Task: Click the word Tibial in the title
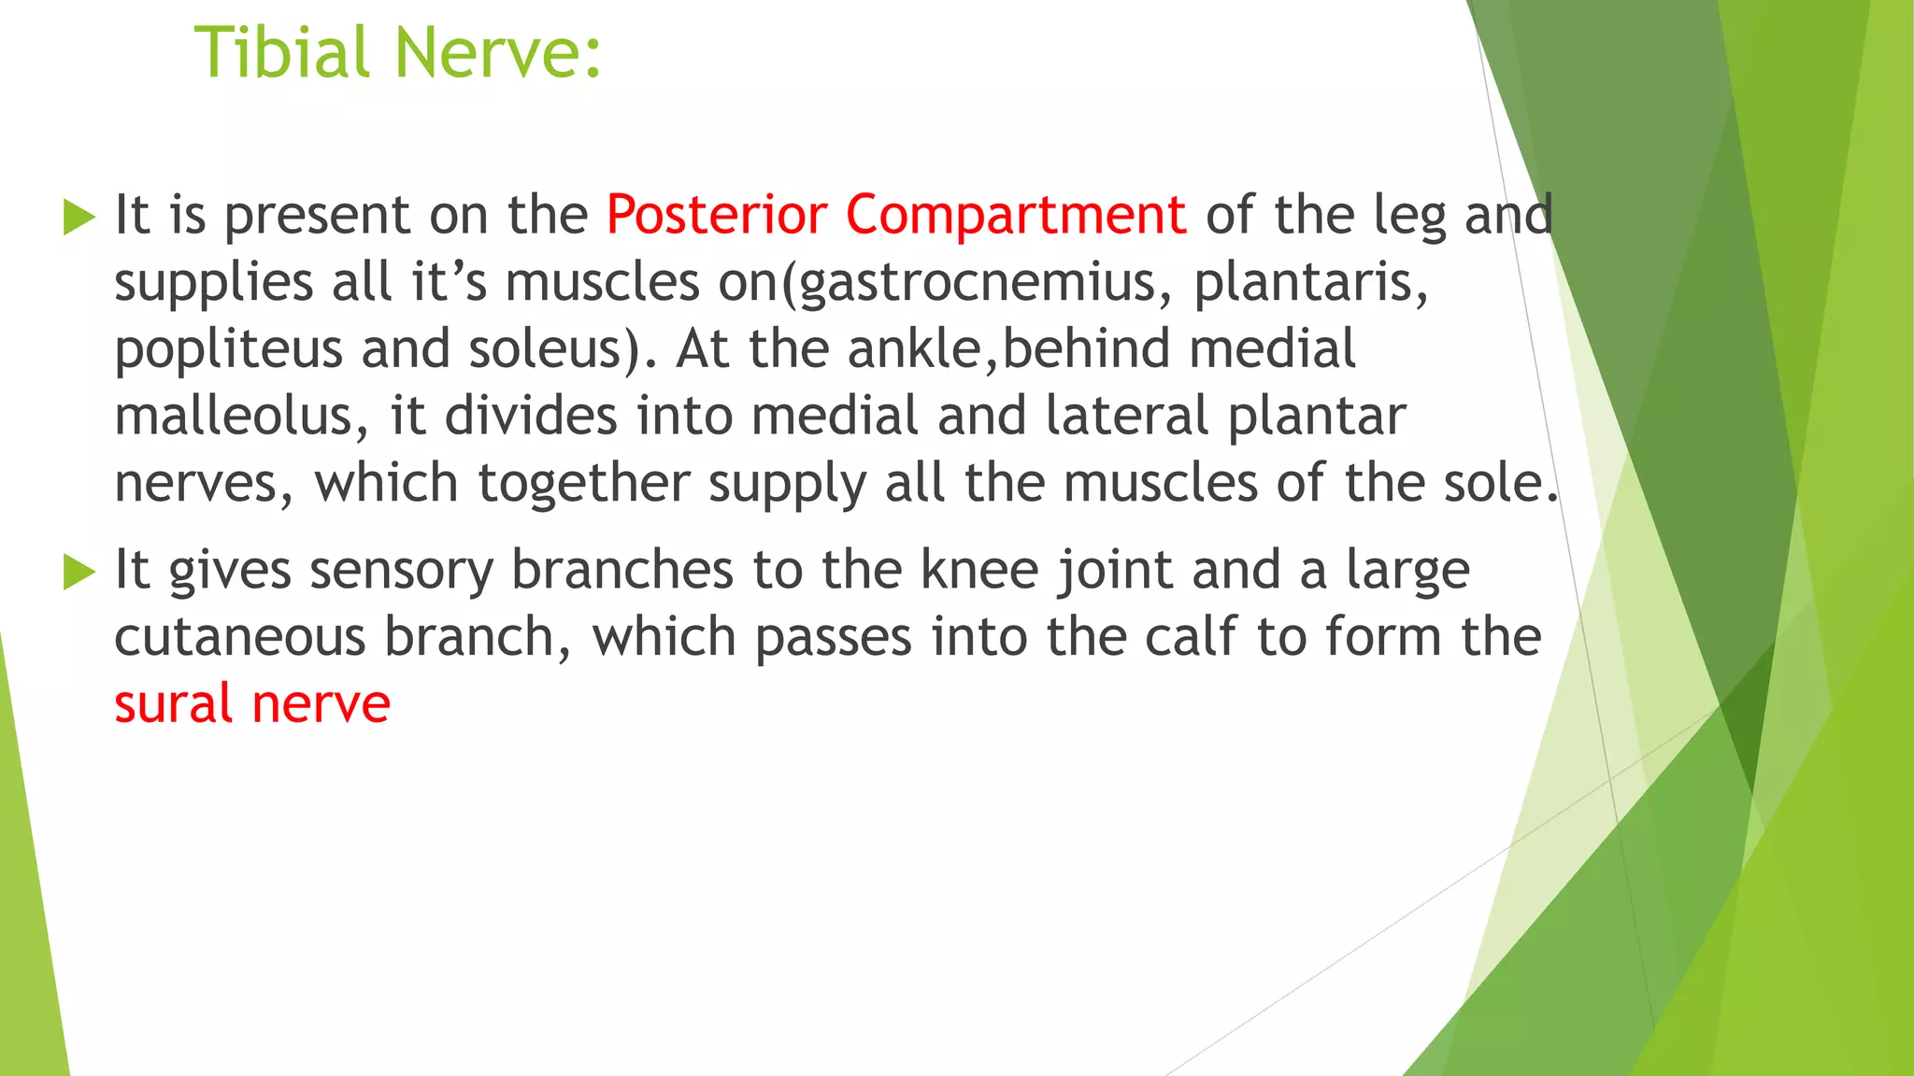coord(282,52)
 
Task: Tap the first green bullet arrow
coord(79,218)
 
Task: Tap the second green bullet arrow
coord(79,572)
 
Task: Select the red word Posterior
coord(716,215)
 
